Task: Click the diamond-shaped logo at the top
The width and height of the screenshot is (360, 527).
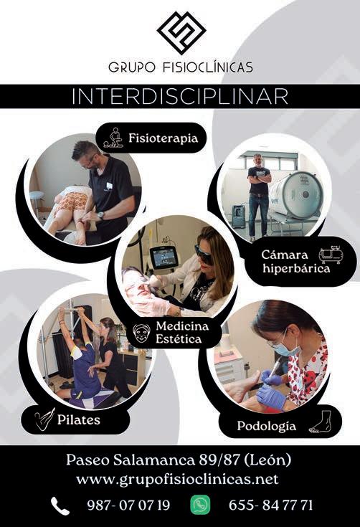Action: (181, 32)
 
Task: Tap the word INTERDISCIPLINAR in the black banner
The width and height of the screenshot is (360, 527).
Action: (180, 97)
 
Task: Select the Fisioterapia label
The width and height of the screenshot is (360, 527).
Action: (163, 138)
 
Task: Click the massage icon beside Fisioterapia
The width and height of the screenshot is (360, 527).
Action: (113, 138)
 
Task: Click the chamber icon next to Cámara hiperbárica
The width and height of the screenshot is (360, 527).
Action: (331, 255)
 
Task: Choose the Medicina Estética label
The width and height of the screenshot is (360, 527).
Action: (182, 332)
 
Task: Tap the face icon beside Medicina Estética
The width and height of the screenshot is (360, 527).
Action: (141, 333)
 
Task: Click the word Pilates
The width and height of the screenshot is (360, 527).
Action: (79, 419)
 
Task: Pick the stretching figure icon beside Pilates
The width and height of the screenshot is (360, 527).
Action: (44, 419)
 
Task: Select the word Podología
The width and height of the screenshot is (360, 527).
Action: (267, 426)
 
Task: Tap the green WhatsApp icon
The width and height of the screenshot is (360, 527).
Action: (200, 505)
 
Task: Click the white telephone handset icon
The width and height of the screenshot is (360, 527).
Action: (60, 506)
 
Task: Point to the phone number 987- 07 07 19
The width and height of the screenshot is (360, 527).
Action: (128, 505)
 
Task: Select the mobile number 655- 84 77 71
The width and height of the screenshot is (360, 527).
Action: (270, 505)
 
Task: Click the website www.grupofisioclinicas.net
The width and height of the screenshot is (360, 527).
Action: (177, 479)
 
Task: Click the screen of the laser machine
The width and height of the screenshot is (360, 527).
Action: (164, 257)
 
